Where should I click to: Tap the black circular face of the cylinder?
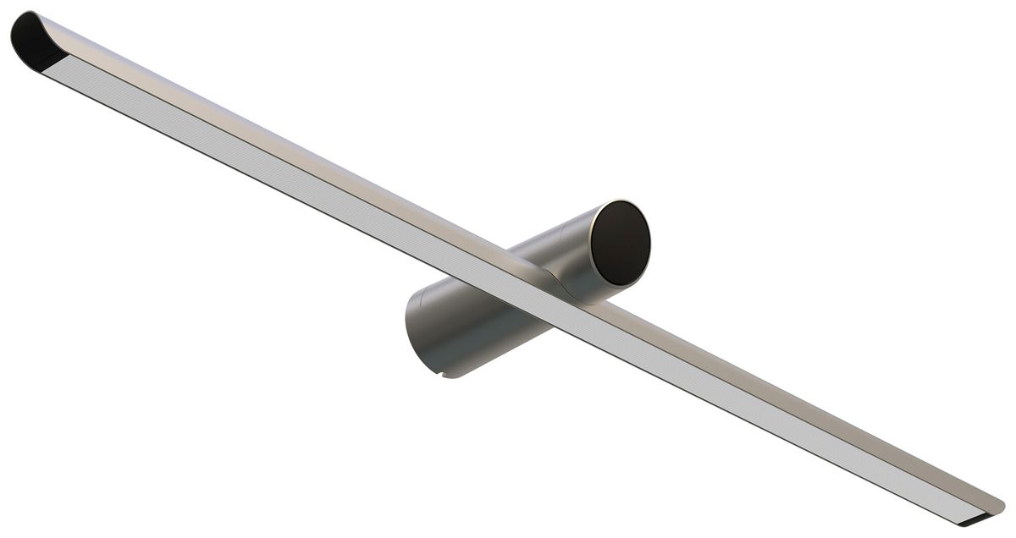click(620, 243)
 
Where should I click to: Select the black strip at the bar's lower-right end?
click(982, 515)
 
